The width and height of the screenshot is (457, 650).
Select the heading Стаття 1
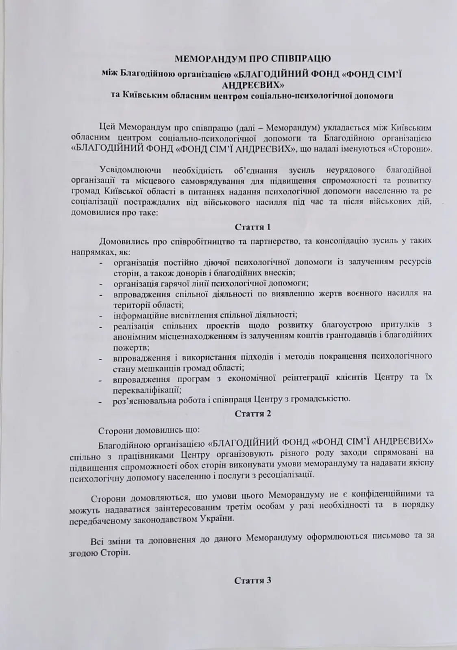(252, 227)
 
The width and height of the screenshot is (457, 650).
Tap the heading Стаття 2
(252, 414)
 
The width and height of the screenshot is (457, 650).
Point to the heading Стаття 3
(252, 580)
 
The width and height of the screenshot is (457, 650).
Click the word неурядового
(348, 169)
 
